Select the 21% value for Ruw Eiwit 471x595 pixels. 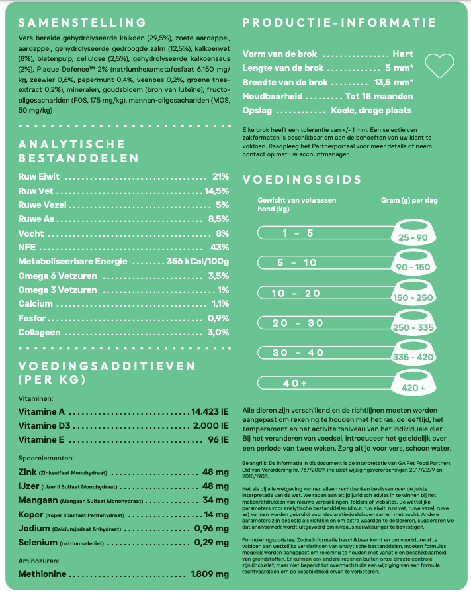[220, 177]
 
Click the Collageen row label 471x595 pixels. [40, 333]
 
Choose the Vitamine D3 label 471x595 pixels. [43, 426]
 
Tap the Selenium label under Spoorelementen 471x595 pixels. [38, 543]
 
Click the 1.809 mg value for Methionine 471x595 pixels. [210, 573]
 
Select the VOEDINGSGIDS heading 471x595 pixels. [302, 180]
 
